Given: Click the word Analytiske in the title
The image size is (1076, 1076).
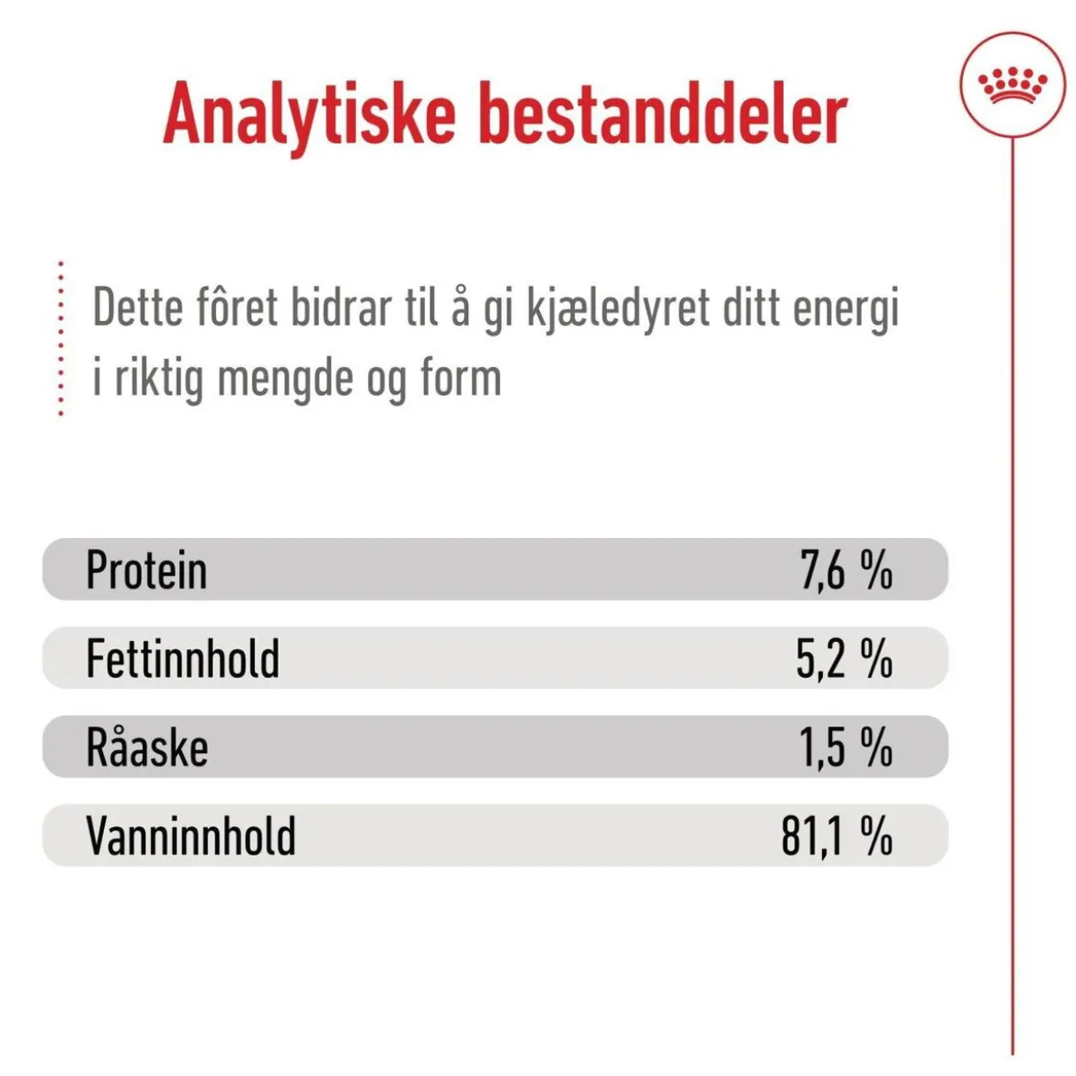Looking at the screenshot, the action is (x=310, y=118).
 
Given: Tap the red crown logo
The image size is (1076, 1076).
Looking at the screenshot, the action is (x=1013, y=86).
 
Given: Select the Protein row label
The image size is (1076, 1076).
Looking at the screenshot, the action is (x=146, y=569).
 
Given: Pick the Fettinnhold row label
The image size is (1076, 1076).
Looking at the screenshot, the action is (x=182, y=658).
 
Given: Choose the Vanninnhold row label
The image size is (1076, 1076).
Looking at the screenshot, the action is (x=190, y=835).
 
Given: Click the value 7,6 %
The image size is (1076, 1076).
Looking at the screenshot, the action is (x=846, y=569).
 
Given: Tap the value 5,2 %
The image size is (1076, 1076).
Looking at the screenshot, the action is (x=844, y=658).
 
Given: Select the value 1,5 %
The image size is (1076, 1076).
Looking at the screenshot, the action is (x=845, y=747).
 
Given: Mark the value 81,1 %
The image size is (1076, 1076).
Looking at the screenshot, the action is (x=837, y=835).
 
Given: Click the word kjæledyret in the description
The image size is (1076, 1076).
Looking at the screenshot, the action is (x=618, y=310).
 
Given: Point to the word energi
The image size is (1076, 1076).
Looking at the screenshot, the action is (x=845, y=311).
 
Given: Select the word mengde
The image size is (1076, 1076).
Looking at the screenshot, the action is (x=285, y=381).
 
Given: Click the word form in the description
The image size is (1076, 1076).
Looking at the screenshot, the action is (x=461, y=377).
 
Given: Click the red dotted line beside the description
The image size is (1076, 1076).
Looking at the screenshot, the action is (x=61, y=338).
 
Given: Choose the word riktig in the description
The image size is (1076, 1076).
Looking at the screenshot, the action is (x=158, y=380).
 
